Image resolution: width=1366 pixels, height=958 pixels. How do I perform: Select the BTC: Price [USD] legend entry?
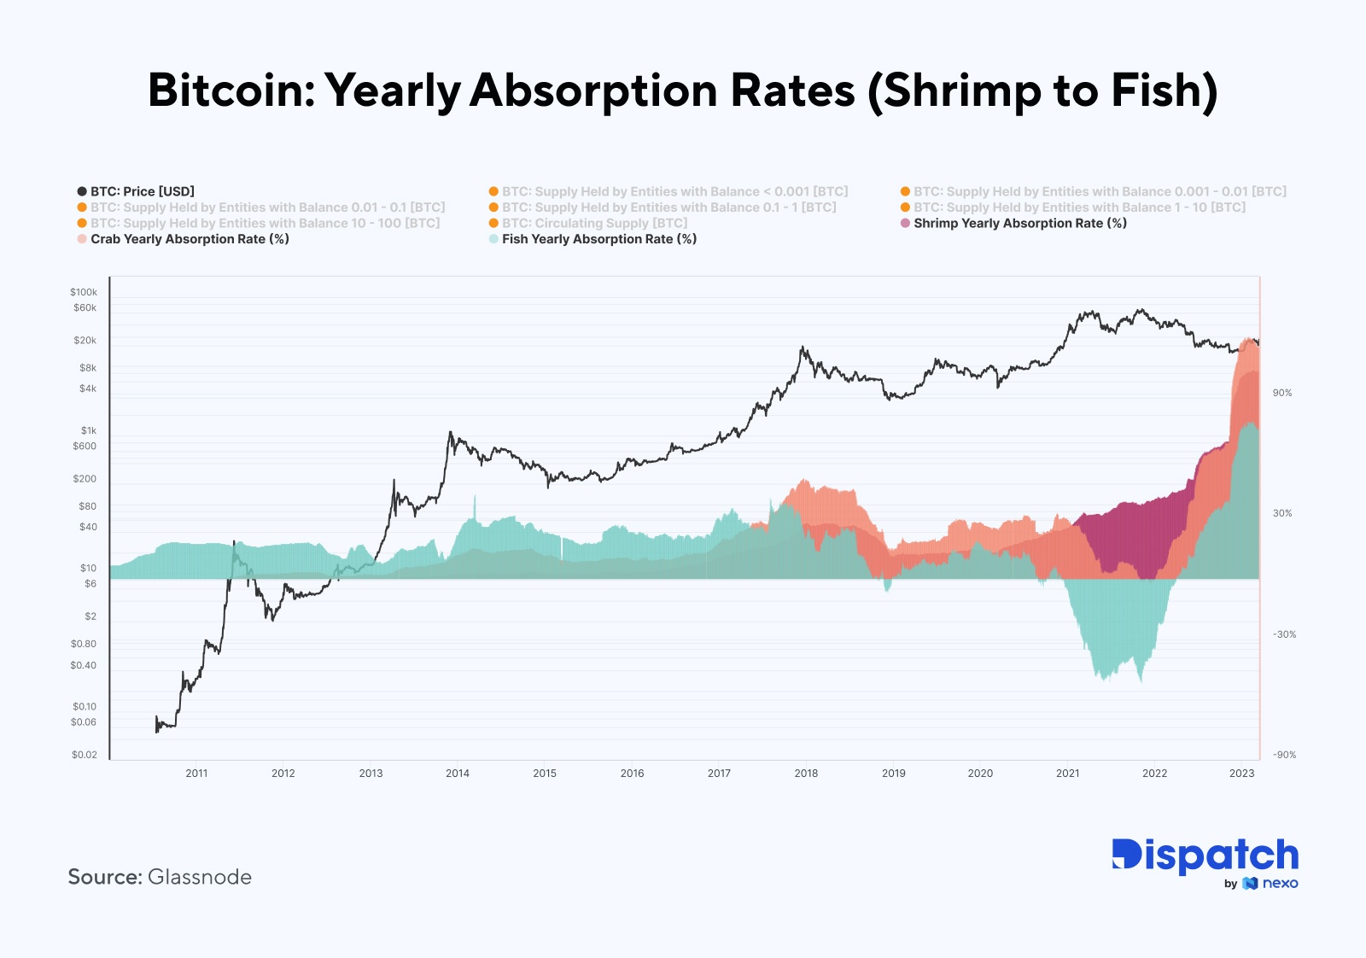tap(143, 191)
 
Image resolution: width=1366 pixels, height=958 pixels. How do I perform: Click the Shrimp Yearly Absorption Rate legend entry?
tap(1019, 223)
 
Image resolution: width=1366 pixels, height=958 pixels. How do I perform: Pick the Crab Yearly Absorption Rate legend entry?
tap(190, 239)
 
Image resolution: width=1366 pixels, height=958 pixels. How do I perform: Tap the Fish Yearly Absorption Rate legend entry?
tap(598, 239)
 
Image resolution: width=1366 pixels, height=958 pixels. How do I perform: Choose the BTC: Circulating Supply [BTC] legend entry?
tap(594, 223)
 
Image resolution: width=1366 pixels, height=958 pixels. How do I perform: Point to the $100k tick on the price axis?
tap(84, 292)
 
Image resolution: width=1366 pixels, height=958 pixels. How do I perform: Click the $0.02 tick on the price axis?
tap(84, 755)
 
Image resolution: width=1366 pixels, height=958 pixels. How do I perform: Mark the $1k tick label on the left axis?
tap(89, 430)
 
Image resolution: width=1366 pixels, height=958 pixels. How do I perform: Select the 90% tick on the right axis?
tap(1282, 393)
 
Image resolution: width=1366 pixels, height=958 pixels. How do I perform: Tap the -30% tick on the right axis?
tap(1284, 634)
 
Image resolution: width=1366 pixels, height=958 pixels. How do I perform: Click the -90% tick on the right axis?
tap(1284, 755)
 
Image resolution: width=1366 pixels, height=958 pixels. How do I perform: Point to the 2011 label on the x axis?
tap(196, 774)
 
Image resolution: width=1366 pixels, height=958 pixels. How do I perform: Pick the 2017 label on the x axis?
tap(719, 774)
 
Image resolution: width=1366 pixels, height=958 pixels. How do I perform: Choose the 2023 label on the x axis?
tap(1241, 774)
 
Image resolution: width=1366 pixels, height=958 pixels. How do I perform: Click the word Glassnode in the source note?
tap(200, 877)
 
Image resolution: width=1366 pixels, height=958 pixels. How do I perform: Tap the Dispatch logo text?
tap(1205, 856)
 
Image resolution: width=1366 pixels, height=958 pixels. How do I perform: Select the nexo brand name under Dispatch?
tap(1280, 884)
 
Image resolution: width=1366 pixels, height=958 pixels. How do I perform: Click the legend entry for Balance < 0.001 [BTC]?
tap(674, 191)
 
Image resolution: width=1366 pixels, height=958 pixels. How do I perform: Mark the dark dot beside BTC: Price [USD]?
tap(82, 191)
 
